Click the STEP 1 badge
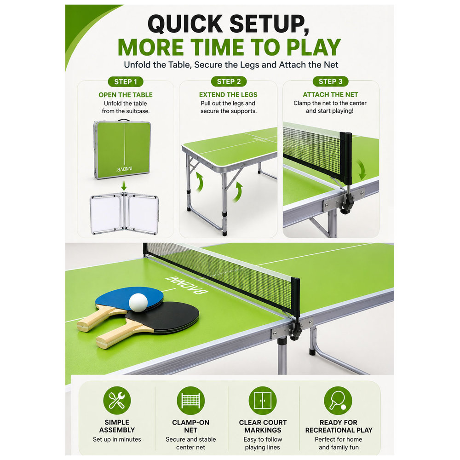(126, 81)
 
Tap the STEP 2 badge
(229, 81)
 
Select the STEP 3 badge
(331, 81)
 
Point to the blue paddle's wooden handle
(96, 318)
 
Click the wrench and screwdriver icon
(117, 401)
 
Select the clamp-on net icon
(191, 401)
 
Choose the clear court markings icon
(263, 401)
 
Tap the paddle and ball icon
(338, 401)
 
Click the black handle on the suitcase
(124, 120)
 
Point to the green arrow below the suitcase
(124, 185)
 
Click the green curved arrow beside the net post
(362, 170)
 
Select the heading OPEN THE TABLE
(126, 95)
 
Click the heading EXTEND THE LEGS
(228, 94)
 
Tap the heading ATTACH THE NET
(330, 94)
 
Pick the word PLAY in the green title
(314, 47)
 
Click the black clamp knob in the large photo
(296, 332)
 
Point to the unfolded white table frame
(124, 213)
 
